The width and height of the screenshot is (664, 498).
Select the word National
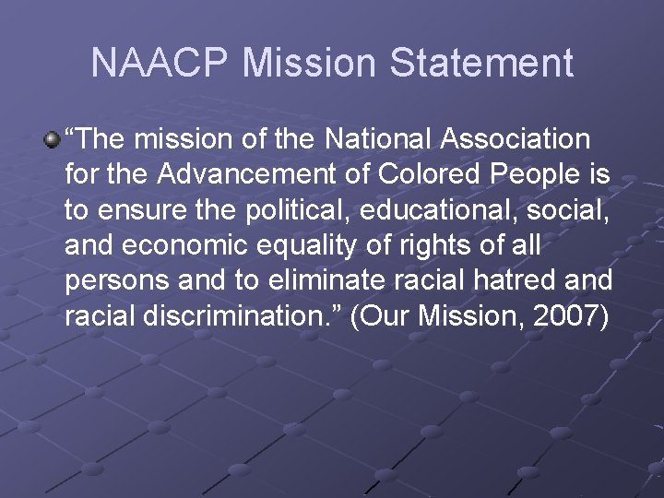(x=367, y=139)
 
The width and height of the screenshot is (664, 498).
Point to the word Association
(x=516, y=139)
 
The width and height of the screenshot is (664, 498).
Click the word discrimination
(x=216, y=315)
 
